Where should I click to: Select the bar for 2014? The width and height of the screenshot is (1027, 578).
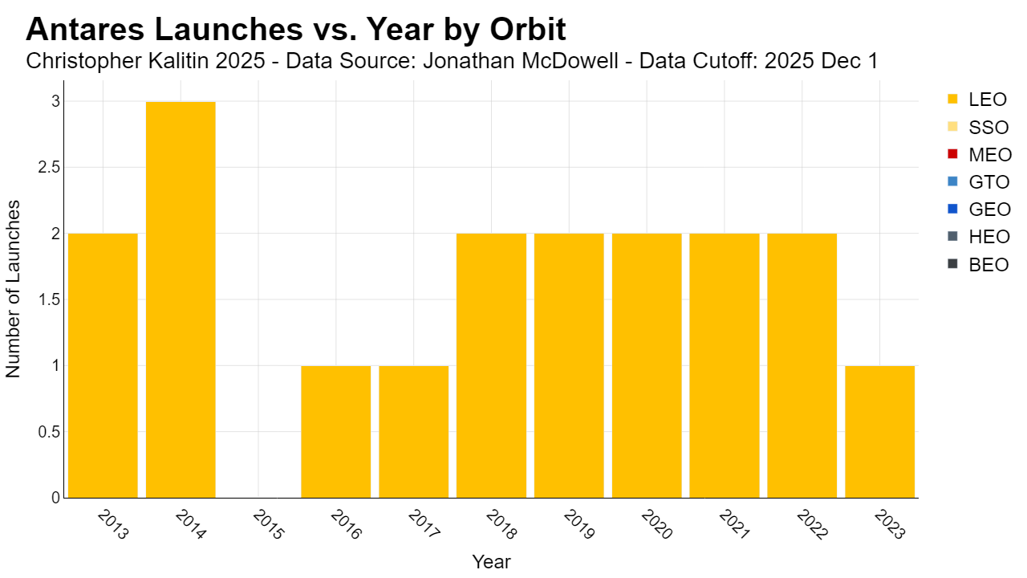click(x=181, y=299)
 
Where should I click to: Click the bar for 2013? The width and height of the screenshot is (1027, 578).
click(x=103, y=365)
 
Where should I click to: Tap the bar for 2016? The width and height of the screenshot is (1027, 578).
click(x=336, y=432)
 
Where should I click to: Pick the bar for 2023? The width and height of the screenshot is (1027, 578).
click(x=880, y=432)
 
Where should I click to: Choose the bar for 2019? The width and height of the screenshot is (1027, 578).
click(x=569, y=365)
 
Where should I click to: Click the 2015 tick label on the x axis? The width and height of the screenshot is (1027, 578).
click(x=269, y=524)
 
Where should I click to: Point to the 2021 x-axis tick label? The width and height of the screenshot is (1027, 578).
click(x=734, y=524)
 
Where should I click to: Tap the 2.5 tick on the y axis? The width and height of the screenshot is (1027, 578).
click(x=49, y=168)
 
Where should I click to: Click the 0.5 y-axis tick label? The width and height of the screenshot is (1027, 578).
click(x=49, y=432)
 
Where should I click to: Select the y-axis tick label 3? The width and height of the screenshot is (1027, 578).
click(x=56, y=101)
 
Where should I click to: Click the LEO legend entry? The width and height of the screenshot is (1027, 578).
click(x=977, y=100)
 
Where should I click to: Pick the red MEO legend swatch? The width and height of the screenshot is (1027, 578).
click(x=952, y=154)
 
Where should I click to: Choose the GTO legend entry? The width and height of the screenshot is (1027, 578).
click(x=978, y=182)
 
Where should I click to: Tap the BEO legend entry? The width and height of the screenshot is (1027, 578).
click(x=978, y=265)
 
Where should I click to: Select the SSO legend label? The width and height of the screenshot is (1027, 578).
click(x=988, y=128)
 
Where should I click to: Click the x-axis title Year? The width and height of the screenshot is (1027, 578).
click(x=492, y=562)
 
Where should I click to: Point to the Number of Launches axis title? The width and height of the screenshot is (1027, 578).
click(x=13, y=289)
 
